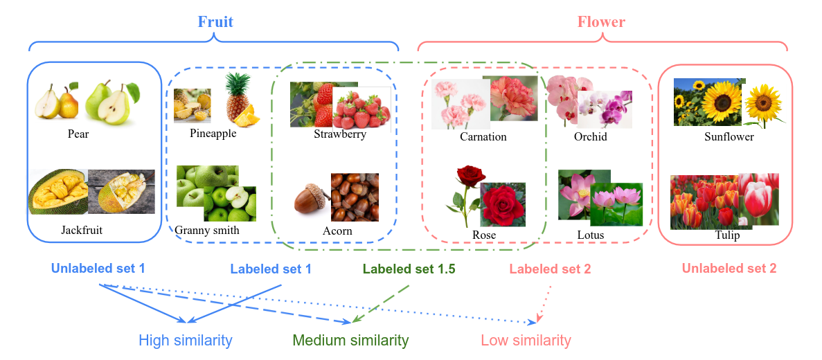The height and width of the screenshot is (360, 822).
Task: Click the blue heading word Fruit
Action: pyautogui.click(x=215, y=22)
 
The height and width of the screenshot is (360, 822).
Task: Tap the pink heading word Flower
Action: pyautogui.click(x=601, y=22)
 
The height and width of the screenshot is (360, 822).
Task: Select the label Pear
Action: pyautogui.click(x=78, y=134)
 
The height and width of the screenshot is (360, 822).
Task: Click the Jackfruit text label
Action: pyautogui.click(x=81, y=230)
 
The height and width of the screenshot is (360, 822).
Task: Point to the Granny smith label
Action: pyautogui.click(x=207, y=231)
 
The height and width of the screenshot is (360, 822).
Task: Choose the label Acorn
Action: pyautogui.click(x=337, y=231)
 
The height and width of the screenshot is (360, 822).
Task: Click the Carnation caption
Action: pyautogui.click(x=483, y=136)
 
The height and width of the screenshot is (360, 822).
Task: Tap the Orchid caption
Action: pyautogui.click(x=590, y=136)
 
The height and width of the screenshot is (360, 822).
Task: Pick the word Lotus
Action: pyautogui.click(x=590, y=235)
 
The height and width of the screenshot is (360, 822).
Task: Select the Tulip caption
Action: pyautogui.click(x=727, y=235)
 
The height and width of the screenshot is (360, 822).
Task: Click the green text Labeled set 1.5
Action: pyautogui.click(x=409, y=269)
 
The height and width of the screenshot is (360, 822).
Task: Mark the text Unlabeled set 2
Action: pyautogui.click(x=729, y=269)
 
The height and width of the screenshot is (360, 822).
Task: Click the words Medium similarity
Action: pyautogui.click(x=350, y=341)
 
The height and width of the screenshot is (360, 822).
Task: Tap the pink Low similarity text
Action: pyautogui.click(x=526, y=341)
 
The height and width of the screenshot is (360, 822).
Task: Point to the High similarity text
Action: pyautogui.click(x=185, y=341)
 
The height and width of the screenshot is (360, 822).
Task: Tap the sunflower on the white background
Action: pyautogui.click(x=764, y=104)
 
